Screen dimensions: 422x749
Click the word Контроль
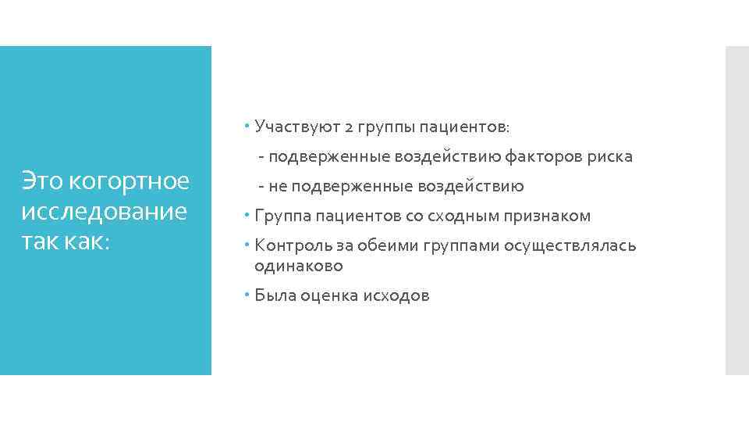pos(288,246)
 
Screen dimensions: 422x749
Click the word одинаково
pos(298,266)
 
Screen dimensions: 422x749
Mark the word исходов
pos(396,296)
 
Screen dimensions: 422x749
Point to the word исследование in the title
pos(105,212)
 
